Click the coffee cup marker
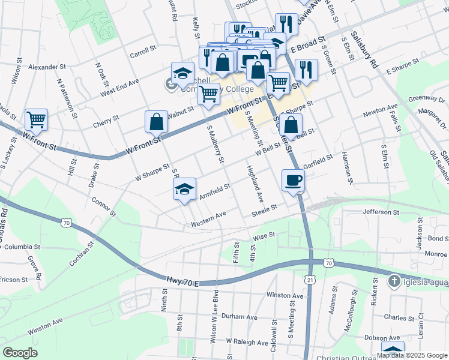[x=293, y=180]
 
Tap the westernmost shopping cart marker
[x=37, y=120]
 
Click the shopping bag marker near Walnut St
[x=156, y=122]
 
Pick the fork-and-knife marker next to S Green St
[x=306, y=70]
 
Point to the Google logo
[x=20, y=353]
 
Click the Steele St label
[x=264, y=208]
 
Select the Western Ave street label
[x=208, y=218]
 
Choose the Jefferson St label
[x=381, y=212]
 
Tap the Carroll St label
[x=143, y=53]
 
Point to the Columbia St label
[x=19, y=246]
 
